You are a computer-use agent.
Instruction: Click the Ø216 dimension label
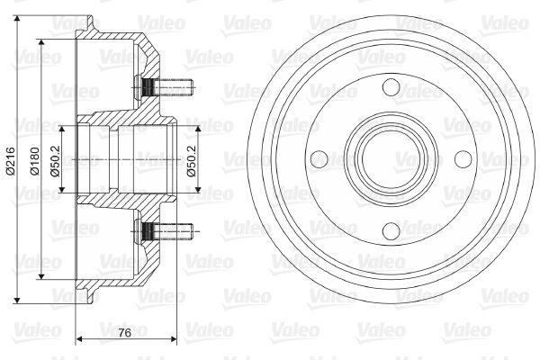[x=11, y=160]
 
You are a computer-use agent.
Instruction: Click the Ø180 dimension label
[x=35, y=161]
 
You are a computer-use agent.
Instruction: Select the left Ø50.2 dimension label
[x=55, y=161]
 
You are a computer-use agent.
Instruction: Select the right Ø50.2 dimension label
[x=192, y=161]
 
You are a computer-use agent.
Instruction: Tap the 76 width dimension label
[x=125, y=333]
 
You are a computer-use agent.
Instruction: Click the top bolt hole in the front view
[x=391, y=87]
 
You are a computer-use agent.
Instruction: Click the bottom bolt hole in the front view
[x=391, y=230]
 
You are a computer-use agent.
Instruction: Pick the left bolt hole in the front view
[x=319, y=159]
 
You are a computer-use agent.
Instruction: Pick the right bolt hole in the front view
[x=463, y=159]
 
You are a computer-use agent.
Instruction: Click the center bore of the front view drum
[x=391, y=159]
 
